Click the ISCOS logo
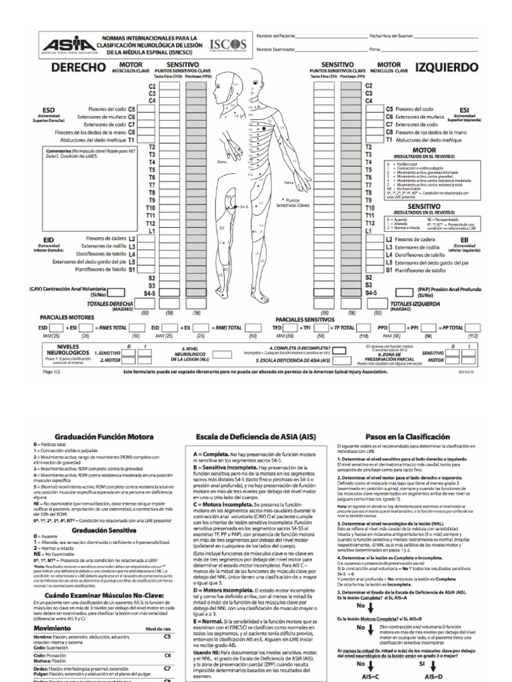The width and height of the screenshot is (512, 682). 227,44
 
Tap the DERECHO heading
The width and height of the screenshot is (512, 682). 78,67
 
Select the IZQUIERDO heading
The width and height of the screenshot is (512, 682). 446,67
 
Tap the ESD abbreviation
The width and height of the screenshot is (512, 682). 48,109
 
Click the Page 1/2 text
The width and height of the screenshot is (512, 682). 52,372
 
